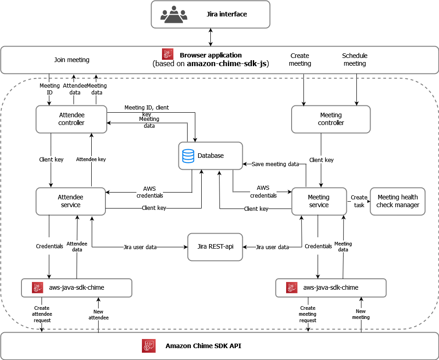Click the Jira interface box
point(210,14)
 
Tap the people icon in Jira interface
point(173,14)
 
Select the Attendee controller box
point(71,119)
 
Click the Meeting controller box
point(331,119)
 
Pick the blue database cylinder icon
point(188,156)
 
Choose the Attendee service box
point(71,201)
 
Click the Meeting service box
point(319,201)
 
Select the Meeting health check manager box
point(397,201)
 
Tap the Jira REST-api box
point(215,247)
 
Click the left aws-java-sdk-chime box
point(77,287)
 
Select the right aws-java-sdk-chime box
point(331,287)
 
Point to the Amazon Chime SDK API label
point(203,346)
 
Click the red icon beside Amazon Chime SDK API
point(149,346)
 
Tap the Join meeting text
point(72,60)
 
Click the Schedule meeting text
point(355,60)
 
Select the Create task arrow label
point(359,201)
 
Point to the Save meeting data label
point(275,164)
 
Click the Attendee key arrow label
point(91,159)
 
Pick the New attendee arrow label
point(99,314)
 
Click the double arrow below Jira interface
point(210,37)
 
